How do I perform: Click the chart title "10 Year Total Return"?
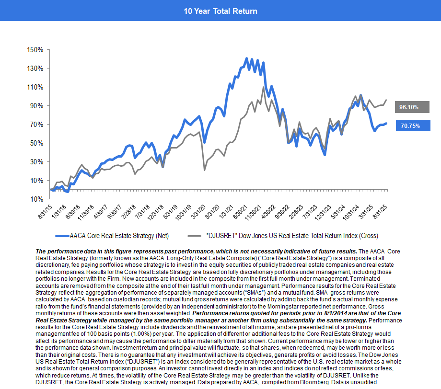(220, 11)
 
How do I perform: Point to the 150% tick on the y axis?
(36, 50)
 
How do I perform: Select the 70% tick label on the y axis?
(37, 125)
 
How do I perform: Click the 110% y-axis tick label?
(36, 87)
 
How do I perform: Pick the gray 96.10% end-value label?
(412, 107)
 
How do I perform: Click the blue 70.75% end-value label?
(412, 126)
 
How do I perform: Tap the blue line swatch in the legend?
(62, 236)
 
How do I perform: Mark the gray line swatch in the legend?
(195, 236)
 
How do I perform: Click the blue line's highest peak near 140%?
(246, 59)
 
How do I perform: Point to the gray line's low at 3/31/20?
(205, 170)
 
